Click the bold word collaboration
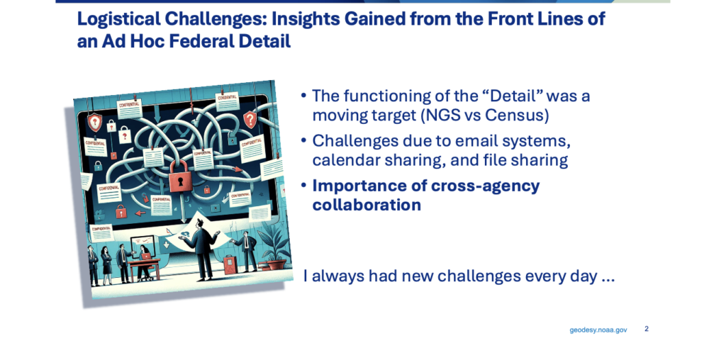coord(367,205)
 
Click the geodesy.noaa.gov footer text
coord(598,330)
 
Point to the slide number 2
coord(646,329)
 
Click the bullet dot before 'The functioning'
coord(303,96)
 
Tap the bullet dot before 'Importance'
coord(303,186)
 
